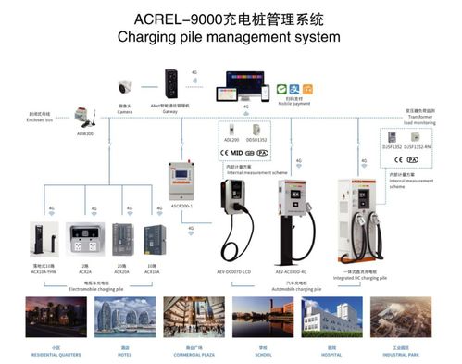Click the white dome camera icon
[x=124, y=89]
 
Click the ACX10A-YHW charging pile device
[x=39, y=242]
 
